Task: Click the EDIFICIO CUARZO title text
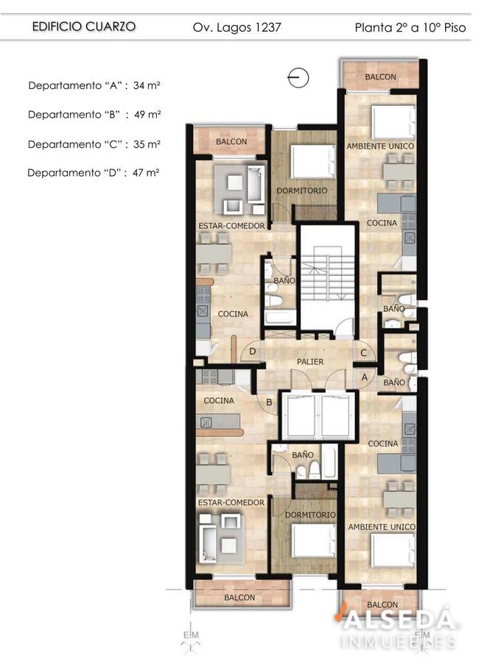point(84,26)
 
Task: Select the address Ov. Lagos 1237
point(237,28)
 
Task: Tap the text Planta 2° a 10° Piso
point(410,28)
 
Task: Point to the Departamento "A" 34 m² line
point(94,85)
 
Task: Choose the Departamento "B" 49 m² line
point(94,115)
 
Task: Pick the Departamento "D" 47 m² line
point(93,173)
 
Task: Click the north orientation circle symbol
point(298,78)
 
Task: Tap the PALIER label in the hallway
point(310,362)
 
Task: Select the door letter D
point(253,351)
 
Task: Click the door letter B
point(270,402)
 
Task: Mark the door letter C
point(363,353)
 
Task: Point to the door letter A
point(365,377)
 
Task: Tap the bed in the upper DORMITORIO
point(313,162)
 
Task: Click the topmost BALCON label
point(380,76)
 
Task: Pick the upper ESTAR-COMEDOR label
point(231,226)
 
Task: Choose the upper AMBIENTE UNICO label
point(380,146)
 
